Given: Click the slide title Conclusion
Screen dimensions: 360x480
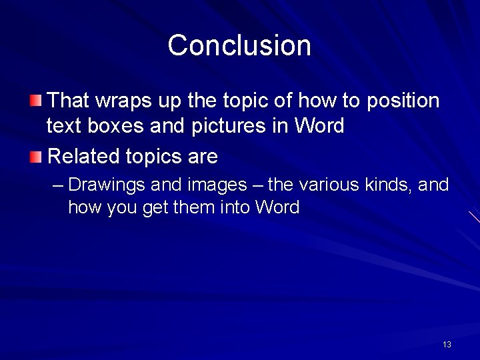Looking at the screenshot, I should (x=239, y=45).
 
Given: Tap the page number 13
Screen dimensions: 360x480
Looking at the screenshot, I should (x=447, y=344).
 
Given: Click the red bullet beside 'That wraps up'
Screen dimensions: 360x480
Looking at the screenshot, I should (x=35, y=101).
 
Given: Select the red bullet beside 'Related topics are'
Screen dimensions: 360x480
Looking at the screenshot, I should (x=35, y=157).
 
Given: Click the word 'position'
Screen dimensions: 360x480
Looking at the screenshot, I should (x=403, y=101).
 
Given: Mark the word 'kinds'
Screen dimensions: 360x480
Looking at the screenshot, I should (x=388, y=184).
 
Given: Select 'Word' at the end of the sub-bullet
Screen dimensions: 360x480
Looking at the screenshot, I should (x=277, y=207).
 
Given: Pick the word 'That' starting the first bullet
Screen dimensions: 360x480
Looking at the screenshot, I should (x=69, y=101).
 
